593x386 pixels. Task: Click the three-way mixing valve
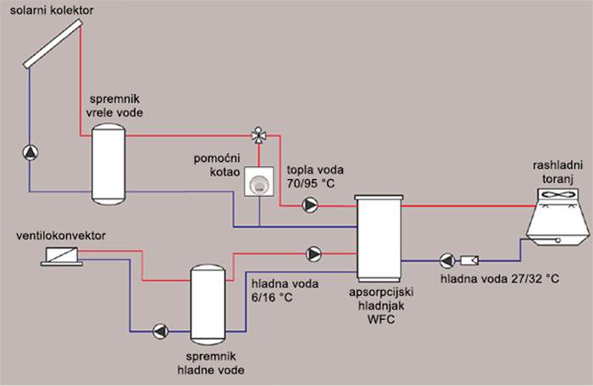click(x=258, y=135)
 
